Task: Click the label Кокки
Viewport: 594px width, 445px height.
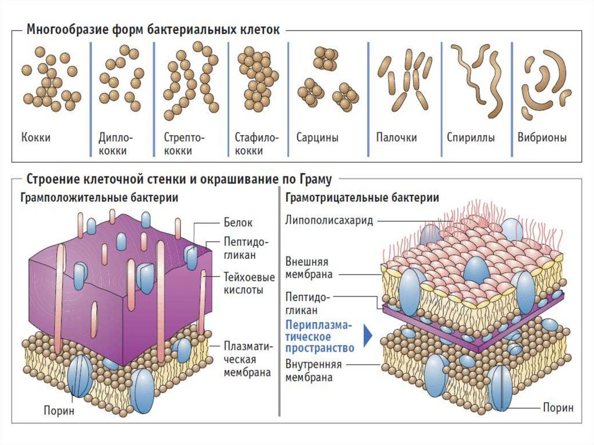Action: tap(35, 138)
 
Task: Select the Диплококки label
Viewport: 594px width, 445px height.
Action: tap(116, 144)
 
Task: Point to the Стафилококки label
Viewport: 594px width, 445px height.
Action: tap(257, 144)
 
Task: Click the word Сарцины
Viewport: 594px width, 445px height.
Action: tap(317, 138)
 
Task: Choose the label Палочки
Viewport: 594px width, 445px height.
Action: tap(396, 138)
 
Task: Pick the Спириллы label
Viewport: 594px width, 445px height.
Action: tap(470, 138)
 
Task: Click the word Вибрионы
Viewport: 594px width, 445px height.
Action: tap(542, 138)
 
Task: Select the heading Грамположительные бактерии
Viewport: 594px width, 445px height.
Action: tap(99, 197)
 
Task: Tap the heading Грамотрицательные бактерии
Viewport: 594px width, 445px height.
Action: tap(362, 197)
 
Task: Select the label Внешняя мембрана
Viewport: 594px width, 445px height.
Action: tap(309, 267)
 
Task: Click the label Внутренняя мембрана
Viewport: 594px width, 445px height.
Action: tap(313, 371)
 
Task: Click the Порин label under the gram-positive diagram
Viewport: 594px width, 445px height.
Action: tap(59, 411)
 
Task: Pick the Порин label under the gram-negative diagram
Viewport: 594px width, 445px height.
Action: tap(558, 407)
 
